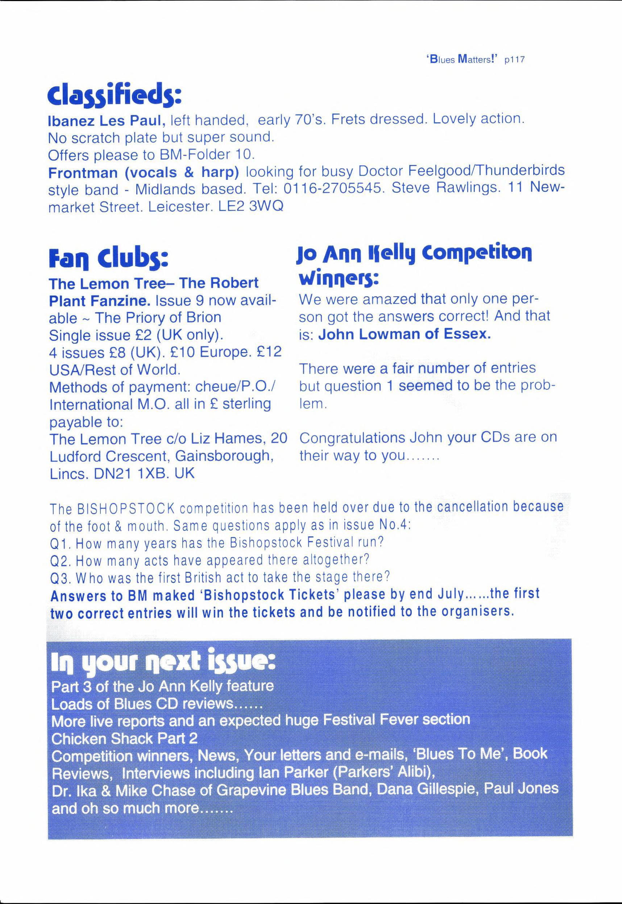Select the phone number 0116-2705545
(332, 189)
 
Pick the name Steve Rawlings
(445, 188)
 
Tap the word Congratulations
(352, 438)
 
